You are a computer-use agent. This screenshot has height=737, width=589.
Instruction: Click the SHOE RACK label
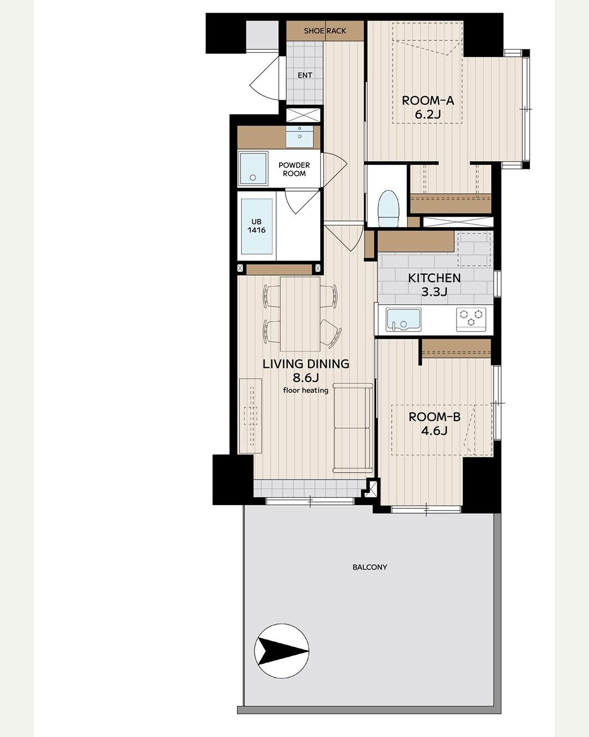point(325,31)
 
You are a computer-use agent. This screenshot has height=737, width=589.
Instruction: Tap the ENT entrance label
point(305,75)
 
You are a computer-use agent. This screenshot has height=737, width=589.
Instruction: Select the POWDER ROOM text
point(294,169)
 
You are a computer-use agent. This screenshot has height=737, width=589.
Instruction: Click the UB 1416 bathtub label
point(256,226)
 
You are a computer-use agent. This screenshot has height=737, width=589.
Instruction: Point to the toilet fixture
point(389,209)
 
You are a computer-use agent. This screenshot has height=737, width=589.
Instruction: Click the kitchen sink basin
point(403,320)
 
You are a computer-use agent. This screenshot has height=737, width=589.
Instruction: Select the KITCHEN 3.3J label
point(434,285)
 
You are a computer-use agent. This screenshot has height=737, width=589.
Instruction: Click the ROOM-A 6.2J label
point(428,107)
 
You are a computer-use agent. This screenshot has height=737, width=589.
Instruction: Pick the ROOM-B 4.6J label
point(434,424)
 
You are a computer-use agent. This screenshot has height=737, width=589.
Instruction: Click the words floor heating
point(305,390)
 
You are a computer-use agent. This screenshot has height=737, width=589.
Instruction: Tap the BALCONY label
point(370,567)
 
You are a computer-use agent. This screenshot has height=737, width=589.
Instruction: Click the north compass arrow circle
point(281,651)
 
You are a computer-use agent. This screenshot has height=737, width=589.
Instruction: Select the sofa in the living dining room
point(353,428)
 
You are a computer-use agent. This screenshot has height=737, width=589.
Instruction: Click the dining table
point(300,314)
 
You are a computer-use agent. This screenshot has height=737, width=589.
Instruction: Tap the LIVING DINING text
point(305,364)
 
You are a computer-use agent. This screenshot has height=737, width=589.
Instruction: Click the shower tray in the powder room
point(253,169)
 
